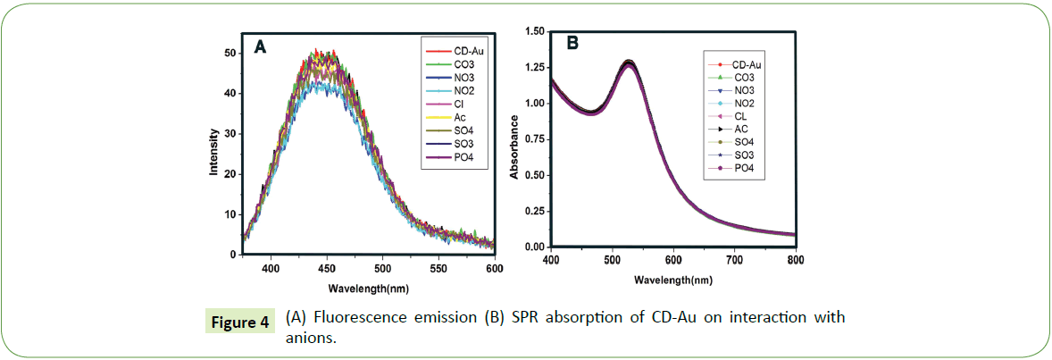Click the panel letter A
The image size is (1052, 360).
(260, 48)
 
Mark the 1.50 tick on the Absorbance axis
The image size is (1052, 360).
(532, 32)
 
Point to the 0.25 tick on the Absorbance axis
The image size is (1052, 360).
(532, 211)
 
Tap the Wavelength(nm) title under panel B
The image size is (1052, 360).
(673, 280)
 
